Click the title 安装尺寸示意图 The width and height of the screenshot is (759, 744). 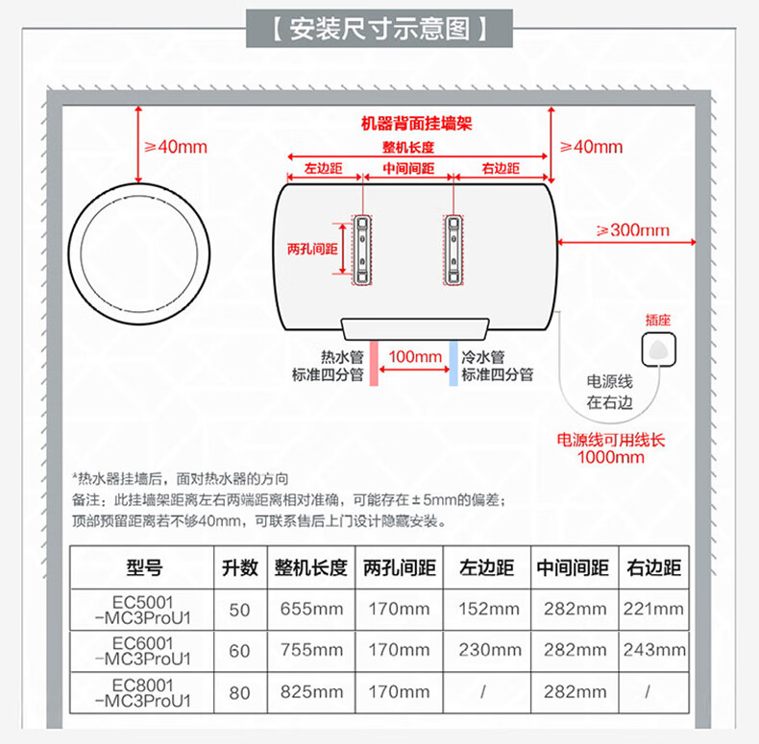(379, 29)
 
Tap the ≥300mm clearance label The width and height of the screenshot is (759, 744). (632, 230)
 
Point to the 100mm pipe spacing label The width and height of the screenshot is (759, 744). (414, 357)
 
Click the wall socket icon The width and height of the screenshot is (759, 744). (659, 348)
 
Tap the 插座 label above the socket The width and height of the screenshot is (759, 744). (659, 319)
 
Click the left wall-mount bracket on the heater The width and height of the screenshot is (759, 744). (361, 249)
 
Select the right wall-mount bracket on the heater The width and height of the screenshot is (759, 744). (453, 249)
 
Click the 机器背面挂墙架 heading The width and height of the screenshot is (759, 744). (417, 124)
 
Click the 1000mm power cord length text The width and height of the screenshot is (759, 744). (611, 457)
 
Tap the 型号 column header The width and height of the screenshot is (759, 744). (144, 567)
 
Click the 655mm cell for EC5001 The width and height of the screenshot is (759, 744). (311, 609)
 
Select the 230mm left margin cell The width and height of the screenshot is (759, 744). (488, 650)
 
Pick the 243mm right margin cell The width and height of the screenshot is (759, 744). (653, 650)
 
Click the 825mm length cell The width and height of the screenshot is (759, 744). (311, 691)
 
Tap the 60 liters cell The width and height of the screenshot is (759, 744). (239, 650)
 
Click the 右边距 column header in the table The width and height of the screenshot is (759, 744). (653, 567)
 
